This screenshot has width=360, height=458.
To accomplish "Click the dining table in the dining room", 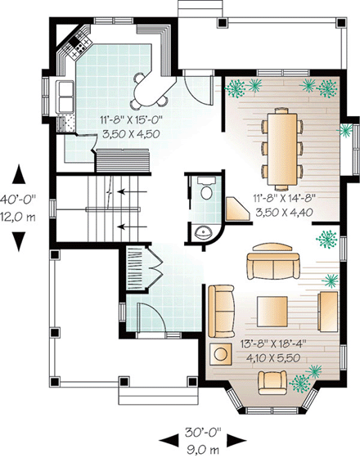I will (x=281, y=148).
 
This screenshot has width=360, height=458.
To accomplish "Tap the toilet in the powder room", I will (x=205, y=190).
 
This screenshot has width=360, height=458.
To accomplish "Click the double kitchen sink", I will (x=65, y=97).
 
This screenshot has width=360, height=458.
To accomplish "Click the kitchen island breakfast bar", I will (x=150, y=87).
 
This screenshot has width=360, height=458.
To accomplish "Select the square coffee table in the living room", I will (x=272, y=311).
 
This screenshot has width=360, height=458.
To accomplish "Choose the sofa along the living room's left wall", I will (x=220, y=311).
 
